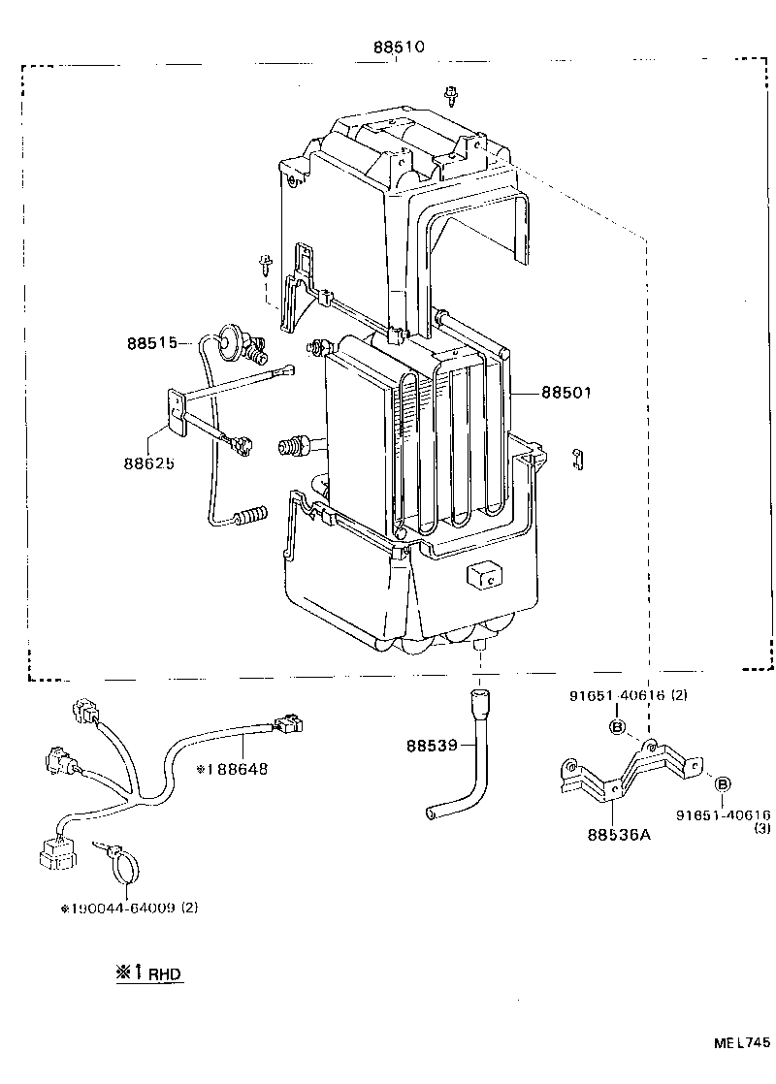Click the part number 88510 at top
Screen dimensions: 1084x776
coord(399,47)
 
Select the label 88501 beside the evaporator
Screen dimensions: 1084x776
coord(566,393)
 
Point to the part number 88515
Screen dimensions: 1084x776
coord(150,343)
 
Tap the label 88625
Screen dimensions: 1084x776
coord(148,463)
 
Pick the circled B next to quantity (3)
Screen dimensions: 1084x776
coord(724,783)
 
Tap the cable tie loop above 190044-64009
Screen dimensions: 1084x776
coord(121,864)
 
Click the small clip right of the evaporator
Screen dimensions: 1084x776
coord(577,459)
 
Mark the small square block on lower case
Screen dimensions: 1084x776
coord(482,575)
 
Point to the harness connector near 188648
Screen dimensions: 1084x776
coord(287,723)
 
